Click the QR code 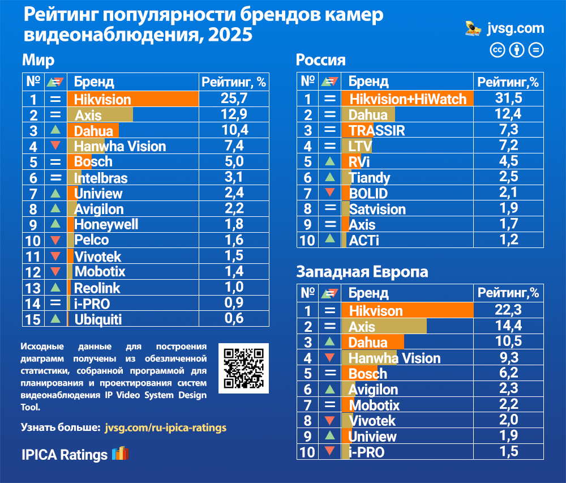(x=243, y=368)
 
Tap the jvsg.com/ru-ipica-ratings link (x=165, y=428)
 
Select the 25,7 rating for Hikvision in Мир (x=234, y=99)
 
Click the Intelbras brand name (x=101, y=178)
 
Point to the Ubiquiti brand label (x=98, y=319)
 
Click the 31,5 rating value (x=508, y=99)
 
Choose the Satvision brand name (x=378, y=210)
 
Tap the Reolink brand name (x=97, y=288)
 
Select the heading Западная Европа (x=362, y=272)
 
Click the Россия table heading (x=321, y=61)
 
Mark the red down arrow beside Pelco (x=55, y=240)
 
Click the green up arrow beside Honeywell (x=55, y=225)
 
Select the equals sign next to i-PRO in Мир (x=55, y=303)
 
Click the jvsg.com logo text (x=515, y=28)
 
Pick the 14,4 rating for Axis (x=508, y=326)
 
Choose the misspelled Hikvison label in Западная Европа (x=376, y=311)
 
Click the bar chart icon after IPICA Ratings (x=120, y=454)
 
